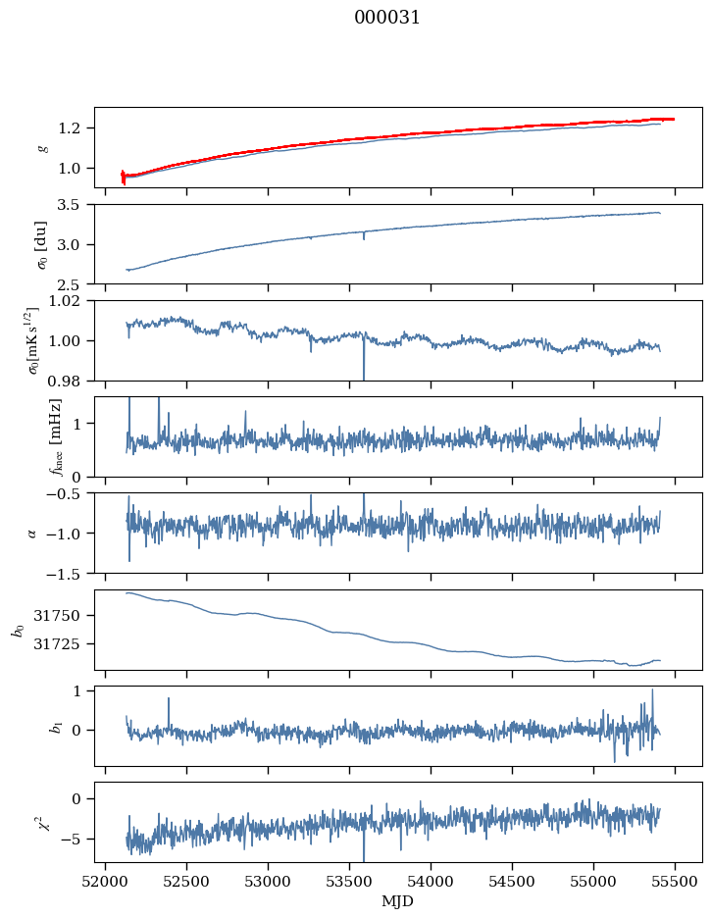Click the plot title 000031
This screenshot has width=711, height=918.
[387, 18]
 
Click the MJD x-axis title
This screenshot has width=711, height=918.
[397, 901]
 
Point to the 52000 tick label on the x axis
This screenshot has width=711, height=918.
[107, 882]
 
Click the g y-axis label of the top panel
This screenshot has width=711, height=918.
[42, 147]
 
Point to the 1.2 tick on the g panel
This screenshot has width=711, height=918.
[75, 128]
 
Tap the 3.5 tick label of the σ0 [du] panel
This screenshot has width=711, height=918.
[75, 205]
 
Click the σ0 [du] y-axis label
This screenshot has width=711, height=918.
[42, 243]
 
